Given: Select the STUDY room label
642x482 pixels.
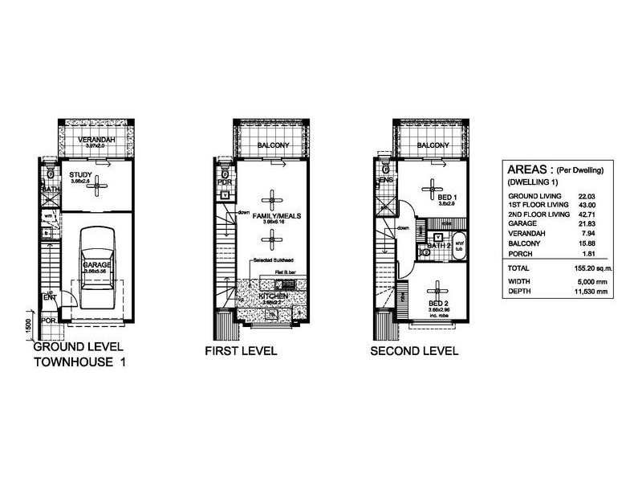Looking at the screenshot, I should click(81, 174).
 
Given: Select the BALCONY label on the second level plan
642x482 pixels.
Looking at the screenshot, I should click(433, 145).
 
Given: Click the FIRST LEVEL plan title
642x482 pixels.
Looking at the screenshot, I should click(241, 351).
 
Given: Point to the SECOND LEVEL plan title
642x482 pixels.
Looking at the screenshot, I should click(414, 351).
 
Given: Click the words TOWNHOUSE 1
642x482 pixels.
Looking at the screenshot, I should click(80, 363).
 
